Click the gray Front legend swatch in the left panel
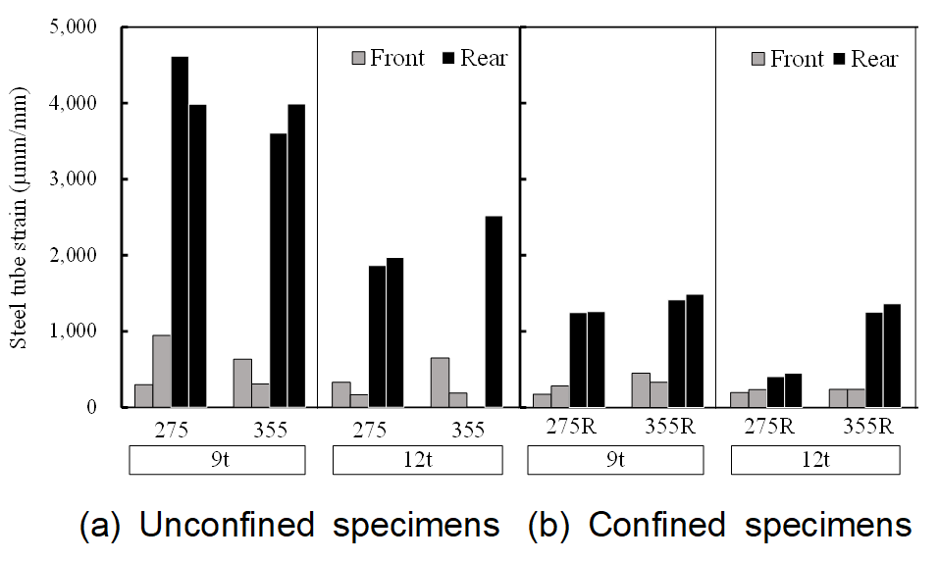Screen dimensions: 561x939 click(x=358, y=59)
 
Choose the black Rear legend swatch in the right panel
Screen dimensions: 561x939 click(x=841, y=59)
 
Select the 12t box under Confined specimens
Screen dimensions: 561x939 click(x=817, y=460)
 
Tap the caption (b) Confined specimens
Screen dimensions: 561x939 click(x=720, y=526)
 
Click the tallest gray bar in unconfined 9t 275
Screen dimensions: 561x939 click(x=162, y=371)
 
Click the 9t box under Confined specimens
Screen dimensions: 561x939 click(x=616, y=460)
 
